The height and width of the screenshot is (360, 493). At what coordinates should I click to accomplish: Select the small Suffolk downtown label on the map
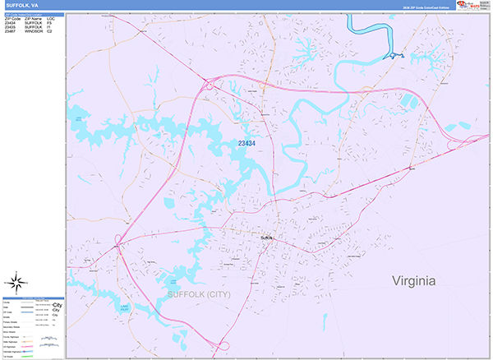point(265,238)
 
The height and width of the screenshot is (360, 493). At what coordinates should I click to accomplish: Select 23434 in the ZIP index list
point(10,22)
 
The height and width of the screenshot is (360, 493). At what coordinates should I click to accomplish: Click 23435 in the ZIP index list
point(10,26)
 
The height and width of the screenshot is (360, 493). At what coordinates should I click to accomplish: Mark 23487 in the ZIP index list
point(10,31)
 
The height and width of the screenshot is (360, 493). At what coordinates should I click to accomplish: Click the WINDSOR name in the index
point(34,31)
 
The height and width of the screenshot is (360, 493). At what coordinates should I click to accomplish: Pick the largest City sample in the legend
point(58,304)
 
